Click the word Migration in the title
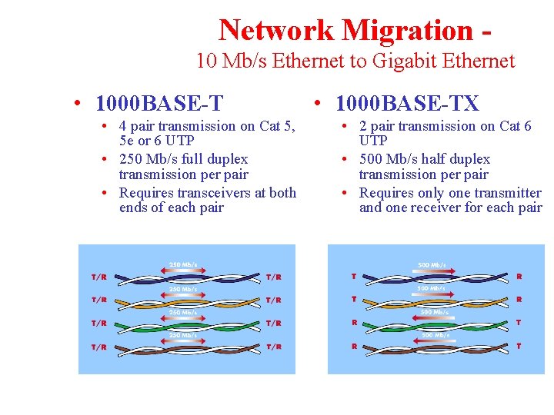pyautogui.click(x=406, y=30)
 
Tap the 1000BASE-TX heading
pyautogui.click(x=408, y=103)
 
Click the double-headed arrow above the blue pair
pyautogui.click(x=182, y=270)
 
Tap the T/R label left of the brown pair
pyautogui.click(x=99, y=347)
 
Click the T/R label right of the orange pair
pyautogui.click(x=273, y=300)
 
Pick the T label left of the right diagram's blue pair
pyautogui.click(x=353, y=276)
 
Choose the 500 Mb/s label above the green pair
pyautogui.click(x=435, y=312)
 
